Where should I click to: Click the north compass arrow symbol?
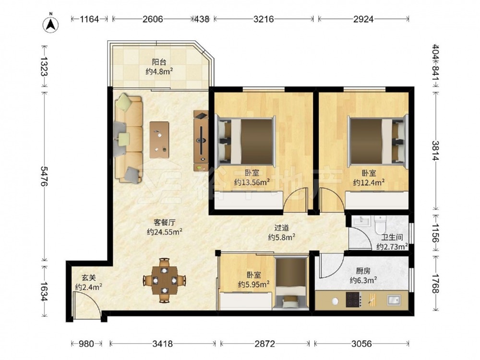pyautogui.click(x=51, y=24)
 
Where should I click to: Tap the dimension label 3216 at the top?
pyautogui.click(x=264, y=19)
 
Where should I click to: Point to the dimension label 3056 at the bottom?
pyautogui.click(x=361, y=344)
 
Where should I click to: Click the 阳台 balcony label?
pyautogui.click(x=159, y=62)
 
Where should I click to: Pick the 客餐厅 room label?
pyautogui.click(x=164, y=222)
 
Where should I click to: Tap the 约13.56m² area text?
pyautogui.click(x=252, y=182)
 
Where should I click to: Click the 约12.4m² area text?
pyautogui.click(x=369, y=183)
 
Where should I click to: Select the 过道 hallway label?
pyautogui.click(x=282, y=228)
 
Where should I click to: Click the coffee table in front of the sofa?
pyautogui.click(x=159, y=140)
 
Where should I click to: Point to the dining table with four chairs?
pyautogui.click(x=164, y=280)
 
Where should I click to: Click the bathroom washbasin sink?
pyautogui.click(x=361, y=221)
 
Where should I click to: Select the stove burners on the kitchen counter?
pyautogui.click(x=353, y=300)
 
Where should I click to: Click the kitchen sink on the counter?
pyautogui.click(x=393, y=300)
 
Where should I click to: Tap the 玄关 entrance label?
pyautogui.click(x=89, y=277)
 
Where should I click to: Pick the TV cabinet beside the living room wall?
pyautogui.click(x=201, y=141)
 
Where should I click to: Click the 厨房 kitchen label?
pyautogui.click(x=363, y=271)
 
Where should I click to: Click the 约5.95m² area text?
pyautogui.click(x=254, y=284)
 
